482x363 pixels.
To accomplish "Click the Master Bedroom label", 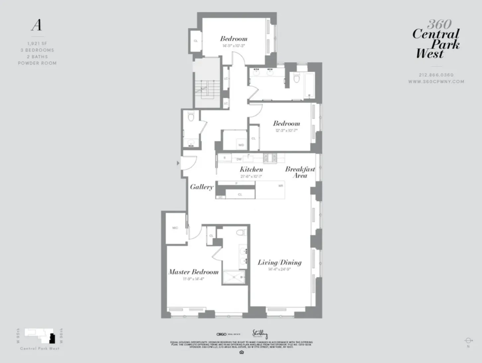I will (x=194, y=272).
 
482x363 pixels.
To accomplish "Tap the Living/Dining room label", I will (x=280, y=262).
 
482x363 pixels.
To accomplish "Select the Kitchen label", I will (x=251, y=169).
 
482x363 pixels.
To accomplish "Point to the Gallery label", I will (x=201, y=187).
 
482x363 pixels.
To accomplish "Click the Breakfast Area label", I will (x=300, y=172).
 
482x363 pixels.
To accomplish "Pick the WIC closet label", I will (x=175, y=228).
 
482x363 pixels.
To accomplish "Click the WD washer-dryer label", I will (x=241, y=145).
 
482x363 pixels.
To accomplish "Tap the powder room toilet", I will (x=191, y=117).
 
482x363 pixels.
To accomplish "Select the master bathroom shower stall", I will (x=234, y=277).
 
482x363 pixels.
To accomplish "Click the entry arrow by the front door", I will (x=178, y=163).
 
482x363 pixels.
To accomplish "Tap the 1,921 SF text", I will (x=37, y=44).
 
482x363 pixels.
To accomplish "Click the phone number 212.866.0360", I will (x=436, y=75).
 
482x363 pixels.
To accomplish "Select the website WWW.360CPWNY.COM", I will (x=436, y=81).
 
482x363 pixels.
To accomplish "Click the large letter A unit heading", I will (x=37, y=25).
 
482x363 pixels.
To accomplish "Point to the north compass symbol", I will (x=468, y=341).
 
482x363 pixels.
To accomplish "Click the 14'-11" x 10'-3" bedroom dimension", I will (x=234, y=46).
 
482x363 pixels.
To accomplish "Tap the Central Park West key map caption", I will (x=40, y=348).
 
